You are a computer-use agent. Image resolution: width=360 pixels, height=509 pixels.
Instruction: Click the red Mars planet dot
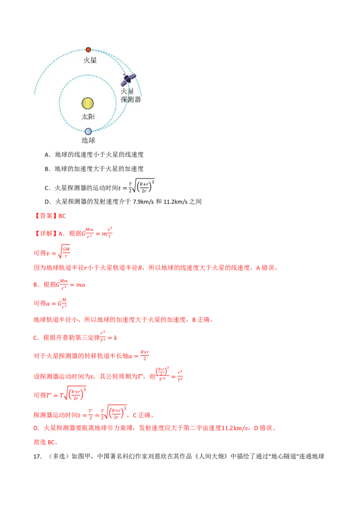(88, 49)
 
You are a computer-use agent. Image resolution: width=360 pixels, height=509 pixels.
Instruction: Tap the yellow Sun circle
(88, 103)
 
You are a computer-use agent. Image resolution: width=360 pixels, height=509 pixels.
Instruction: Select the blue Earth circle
(88, 131)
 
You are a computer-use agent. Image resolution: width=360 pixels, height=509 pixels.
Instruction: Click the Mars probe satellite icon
(129, 79)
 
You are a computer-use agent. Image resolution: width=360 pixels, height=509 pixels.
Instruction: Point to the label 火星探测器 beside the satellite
(131, 95)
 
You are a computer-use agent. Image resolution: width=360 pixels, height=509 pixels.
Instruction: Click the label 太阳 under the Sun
(88, 116)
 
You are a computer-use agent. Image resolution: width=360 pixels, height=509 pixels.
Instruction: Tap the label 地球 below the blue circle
(88, 140)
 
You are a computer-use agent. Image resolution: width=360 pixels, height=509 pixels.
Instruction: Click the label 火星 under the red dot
(90, 60)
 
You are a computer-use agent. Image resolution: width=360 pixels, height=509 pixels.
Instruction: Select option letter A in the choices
(47, 155)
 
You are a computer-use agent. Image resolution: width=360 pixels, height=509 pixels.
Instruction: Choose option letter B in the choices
(47, 169)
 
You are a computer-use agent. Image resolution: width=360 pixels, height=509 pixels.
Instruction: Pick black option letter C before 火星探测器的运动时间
(47, 188)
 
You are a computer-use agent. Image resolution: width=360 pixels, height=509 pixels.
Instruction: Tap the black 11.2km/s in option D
(175, 201)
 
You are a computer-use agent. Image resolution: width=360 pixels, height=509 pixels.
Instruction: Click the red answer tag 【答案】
(45, 216)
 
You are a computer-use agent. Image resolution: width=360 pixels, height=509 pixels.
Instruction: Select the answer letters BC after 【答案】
(62, 216)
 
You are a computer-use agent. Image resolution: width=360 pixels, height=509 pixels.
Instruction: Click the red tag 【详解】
(45, 233)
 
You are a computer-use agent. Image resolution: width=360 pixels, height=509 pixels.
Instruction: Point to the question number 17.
(38, 456)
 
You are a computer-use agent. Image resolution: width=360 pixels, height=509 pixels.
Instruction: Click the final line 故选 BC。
(46, 442)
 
